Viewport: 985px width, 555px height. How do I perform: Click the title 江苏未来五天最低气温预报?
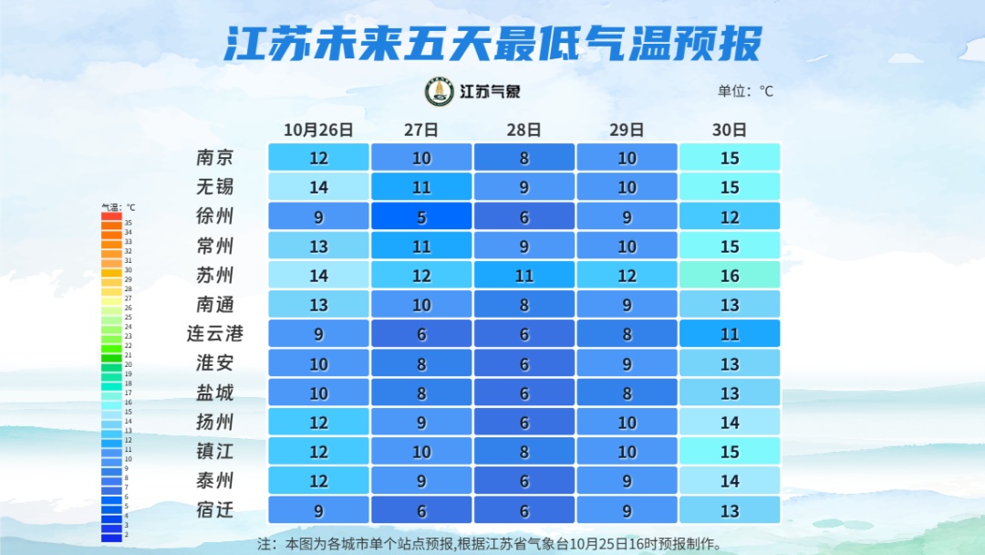pyautogui.click(x=492, y=43)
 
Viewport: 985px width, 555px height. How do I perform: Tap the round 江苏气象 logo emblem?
pyautogui.click(x=440, y=91)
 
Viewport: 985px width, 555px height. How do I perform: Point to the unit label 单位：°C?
pyautogui.click(x=745, y=91)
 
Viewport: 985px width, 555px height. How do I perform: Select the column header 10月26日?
pyautogui.click(x=318, y=130)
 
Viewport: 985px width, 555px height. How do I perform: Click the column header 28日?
pyautogui.click(x=524, y=130)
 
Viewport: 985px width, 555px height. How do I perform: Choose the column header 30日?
pyautogui.click(x=730, y=130)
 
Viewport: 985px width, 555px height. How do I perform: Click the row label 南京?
pyautogui.click(x=215, y=157)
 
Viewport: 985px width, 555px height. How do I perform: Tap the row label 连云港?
pyautogui.click(x=215, y=333)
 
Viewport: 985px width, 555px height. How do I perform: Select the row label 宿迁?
pyautogui.click(x=215, y=509)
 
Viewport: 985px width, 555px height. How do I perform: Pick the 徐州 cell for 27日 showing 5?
pyautogui.click(x=421, y=216)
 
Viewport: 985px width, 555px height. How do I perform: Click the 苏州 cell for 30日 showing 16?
pyautogui.click(x=730, y=275)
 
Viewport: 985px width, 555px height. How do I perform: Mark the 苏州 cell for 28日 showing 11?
pyautogui.click(x=524, y=275)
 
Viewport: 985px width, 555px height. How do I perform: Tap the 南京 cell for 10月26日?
pyautogui.click(x=318, y=157)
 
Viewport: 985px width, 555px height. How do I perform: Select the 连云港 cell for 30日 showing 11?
pyautogui.click(x=730, y=333)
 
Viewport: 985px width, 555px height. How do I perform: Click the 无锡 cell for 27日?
pyautogui.click(x=421, y=187)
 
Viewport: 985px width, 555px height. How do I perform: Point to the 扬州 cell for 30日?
pyautogui.click(x=730, y=422)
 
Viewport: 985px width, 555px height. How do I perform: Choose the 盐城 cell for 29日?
pyautogui.click(x=627, y=393)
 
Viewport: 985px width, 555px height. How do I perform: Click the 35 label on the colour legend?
pyautogui.click(x=129, y=223)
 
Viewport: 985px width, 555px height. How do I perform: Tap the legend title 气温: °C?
pyautogui.click(x=118, y=207)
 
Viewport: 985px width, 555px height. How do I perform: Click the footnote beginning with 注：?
pyautogui.click(x=492, y=544)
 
